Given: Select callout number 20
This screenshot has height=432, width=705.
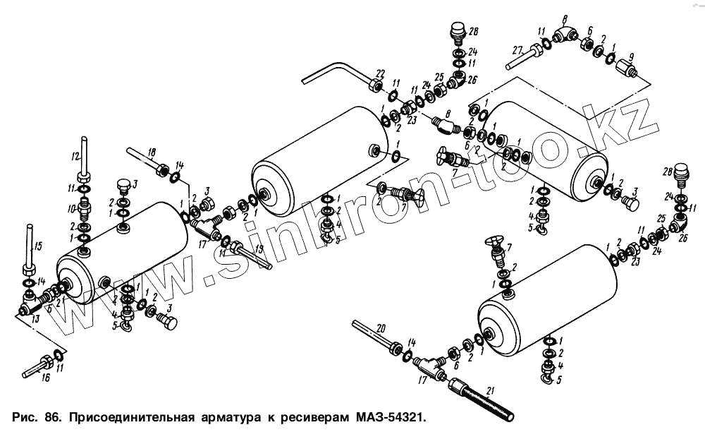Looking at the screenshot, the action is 381,328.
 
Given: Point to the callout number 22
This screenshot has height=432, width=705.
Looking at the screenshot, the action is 380,73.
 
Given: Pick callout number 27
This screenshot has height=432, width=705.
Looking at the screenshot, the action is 517,51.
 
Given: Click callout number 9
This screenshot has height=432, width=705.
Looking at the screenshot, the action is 630,56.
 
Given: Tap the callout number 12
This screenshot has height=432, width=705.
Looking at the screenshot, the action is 76,155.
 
